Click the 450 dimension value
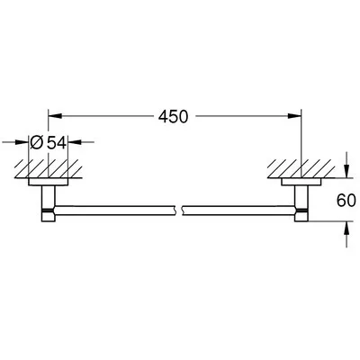click(175, 116)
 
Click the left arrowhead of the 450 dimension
click(53, 116)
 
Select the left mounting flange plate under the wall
click(49, 182)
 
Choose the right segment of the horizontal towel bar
click(238, 211)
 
